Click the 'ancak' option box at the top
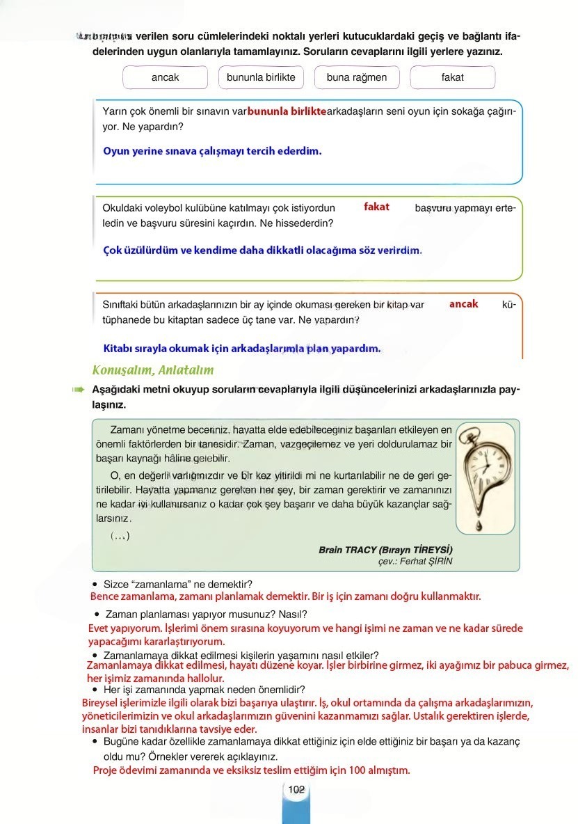click(x=165, y=77)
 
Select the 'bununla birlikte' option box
click(x=261, y=77)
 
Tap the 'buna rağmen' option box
click(x=357, y=77)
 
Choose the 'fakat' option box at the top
click(x=452, y=77)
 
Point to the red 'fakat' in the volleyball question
click(x=376, y=207)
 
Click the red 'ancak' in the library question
click(x=463, y=304)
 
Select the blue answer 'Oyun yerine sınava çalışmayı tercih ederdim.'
click(x=212, y=150)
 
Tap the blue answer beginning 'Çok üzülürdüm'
click(x=262, y=250)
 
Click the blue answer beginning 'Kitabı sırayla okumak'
click(x=241, y=348)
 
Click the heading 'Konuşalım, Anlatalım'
click(x=152, y=370)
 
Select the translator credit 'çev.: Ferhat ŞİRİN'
click(x=415, y=562)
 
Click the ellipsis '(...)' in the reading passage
click(x=120, y=535)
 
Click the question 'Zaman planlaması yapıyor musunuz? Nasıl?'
click(x=206, y=614)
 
